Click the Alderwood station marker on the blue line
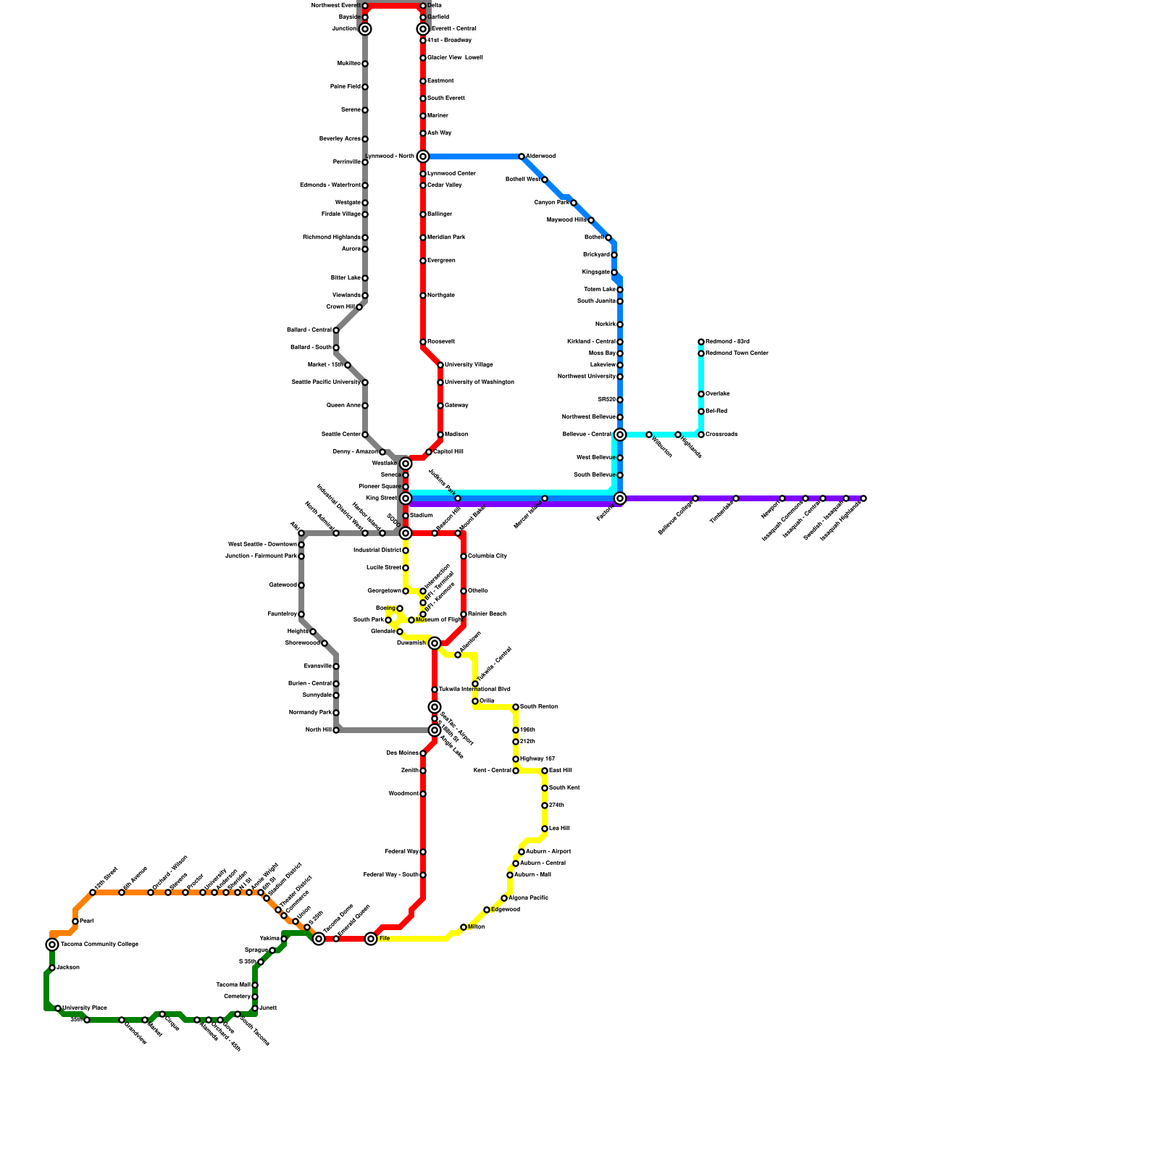pos(522,156)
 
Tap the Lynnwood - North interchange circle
pos(423,156)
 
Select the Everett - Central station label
pos(453,29)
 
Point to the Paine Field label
pos(345,87)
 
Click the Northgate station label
pos(441,296)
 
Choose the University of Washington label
pos(480,382)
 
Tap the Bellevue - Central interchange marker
pos(620,435)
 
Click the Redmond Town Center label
pos(737,353)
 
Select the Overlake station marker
pos(701,394)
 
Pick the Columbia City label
pos(488,556)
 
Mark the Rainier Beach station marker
pos(464,614)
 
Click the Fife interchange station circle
pos(371,939)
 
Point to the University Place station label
pos(85,1008)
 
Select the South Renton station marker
pos(516,707)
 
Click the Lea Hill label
pos(559,829)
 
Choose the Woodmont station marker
pos(423,794)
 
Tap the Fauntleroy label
pos(282,614)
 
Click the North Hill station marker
pos(336,730)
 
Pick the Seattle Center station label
pos(340,435)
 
